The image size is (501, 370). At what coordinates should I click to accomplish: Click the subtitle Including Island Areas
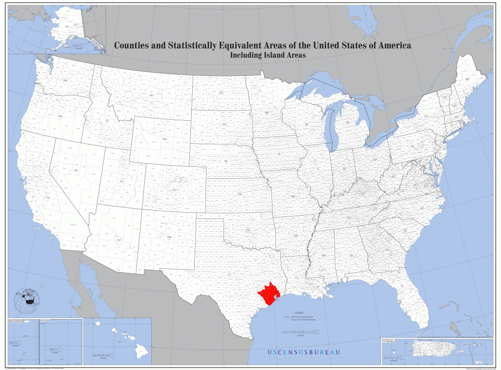pos(268,55)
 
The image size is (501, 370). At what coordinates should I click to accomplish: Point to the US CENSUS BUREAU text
pos(303,352)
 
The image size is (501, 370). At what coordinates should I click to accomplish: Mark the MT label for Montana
pos(152,95)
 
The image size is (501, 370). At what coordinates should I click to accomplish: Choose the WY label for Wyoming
pos(165,139)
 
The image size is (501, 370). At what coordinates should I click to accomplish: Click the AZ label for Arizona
pos(118,240)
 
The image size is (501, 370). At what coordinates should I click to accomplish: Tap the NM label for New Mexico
pos(169,237)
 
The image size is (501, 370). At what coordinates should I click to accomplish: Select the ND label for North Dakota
pos(221,92)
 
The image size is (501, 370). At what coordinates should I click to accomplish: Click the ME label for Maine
pos(467,79)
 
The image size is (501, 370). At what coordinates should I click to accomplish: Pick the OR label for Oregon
pos(60,116)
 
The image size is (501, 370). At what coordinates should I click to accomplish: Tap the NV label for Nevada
pos(76,170)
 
